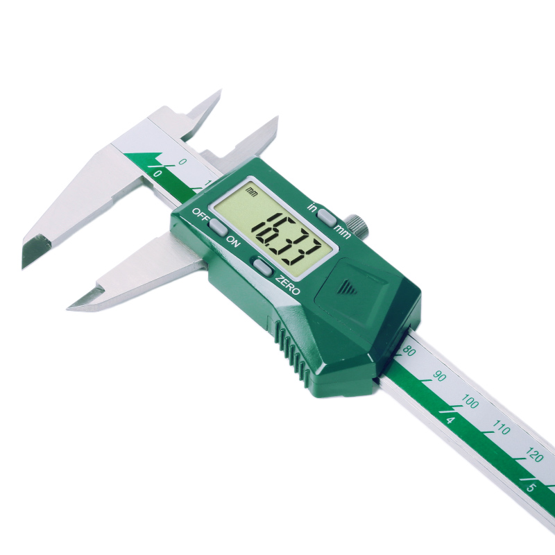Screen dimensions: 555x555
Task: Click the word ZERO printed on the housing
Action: click(287, 285)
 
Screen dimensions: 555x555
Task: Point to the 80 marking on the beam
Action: click(409, 352)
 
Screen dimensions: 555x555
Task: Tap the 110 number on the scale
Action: click(501, 428)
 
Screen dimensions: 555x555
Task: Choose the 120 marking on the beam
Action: click(533, 455)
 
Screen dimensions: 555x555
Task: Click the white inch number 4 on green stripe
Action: click(450, 420)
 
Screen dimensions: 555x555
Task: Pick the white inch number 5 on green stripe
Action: click(531, 488)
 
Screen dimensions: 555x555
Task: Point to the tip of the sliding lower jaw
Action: click(71, 305)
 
